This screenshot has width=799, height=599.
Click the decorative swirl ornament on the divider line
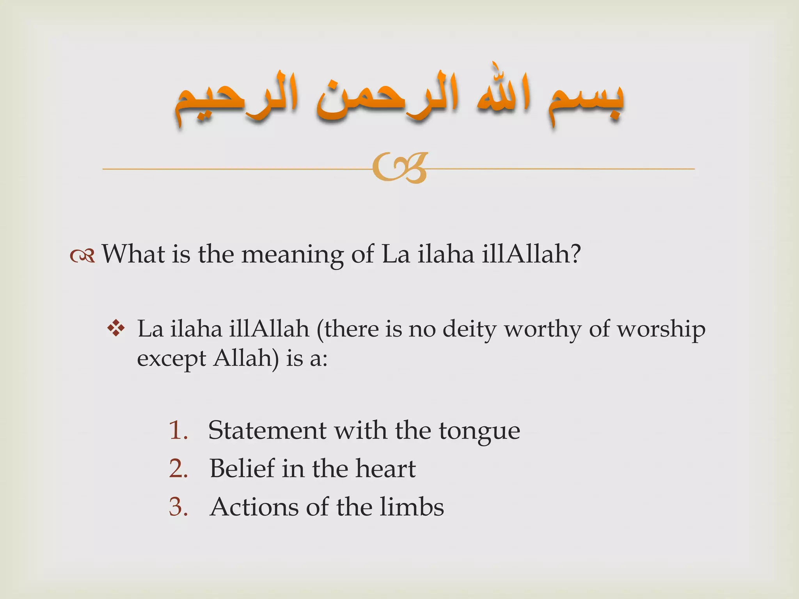pyautogui.click(x=400, y=168)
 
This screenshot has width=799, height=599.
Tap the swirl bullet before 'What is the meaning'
pyautogui.click(x=82, y=256)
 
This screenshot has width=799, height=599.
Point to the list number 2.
pyautogui.click(x=178, y=468)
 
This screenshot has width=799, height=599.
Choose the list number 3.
pyautogui.click(x=178, y=507)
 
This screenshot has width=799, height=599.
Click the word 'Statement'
pyautogui.click(x=267, y=431)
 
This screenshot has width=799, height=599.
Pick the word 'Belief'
pyautogui.click(x=242, y=468)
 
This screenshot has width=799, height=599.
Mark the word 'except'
pyautogui.click(x=171, y=359)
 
